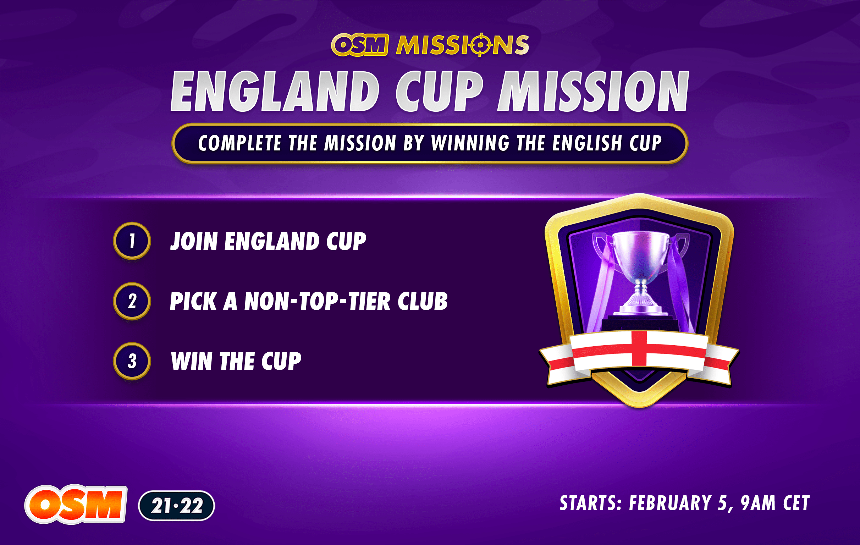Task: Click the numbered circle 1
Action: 132,241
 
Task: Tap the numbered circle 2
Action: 132,301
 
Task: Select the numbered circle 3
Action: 132,361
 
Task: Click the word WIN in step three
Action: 192,361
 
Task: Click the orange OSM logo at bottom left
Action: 76,504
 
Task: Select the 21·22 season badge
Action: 176,505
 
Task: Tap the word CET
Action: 796,503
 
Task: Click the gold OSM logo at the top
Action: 359,45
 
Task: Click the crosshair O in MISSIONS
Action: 480,45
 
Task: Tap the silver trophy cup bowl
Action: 640,254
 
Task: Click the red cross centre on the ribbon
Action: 639,348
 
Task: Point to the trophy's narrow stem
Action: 640,287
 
